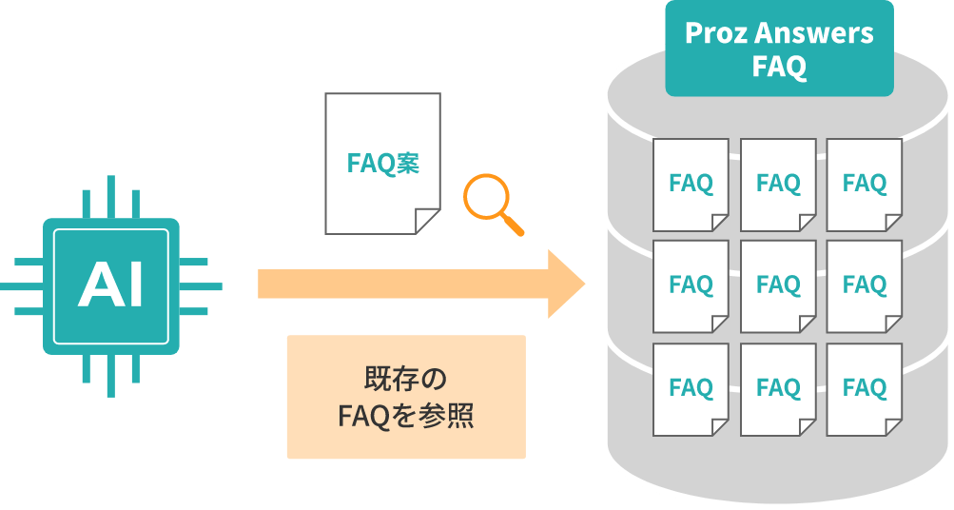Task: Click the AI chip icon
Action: [111, 285]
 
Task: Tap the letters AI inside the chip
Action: [111, 285]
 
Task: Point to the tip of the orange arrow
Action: [582, 284]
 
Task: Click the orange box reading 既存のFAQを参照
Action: [406, 397]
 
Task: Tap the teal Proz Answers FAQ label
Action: [779, 49]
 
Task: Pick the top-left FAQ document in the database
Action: [691, 184]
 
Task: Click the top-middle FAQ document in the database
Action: [778, 184]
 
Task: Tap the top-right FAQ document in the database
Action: [865, 184]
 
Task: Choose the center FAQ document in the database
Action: [778, 284]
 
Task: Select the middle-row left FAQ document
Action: [691, 284]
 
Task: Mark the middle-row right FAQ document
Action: [865, 284]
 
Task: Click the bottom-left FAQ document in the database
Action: [691, 388]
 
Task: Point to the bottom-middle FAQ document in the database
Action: [778, 388]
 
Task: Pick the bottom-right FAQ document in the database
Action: [865, 388]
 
